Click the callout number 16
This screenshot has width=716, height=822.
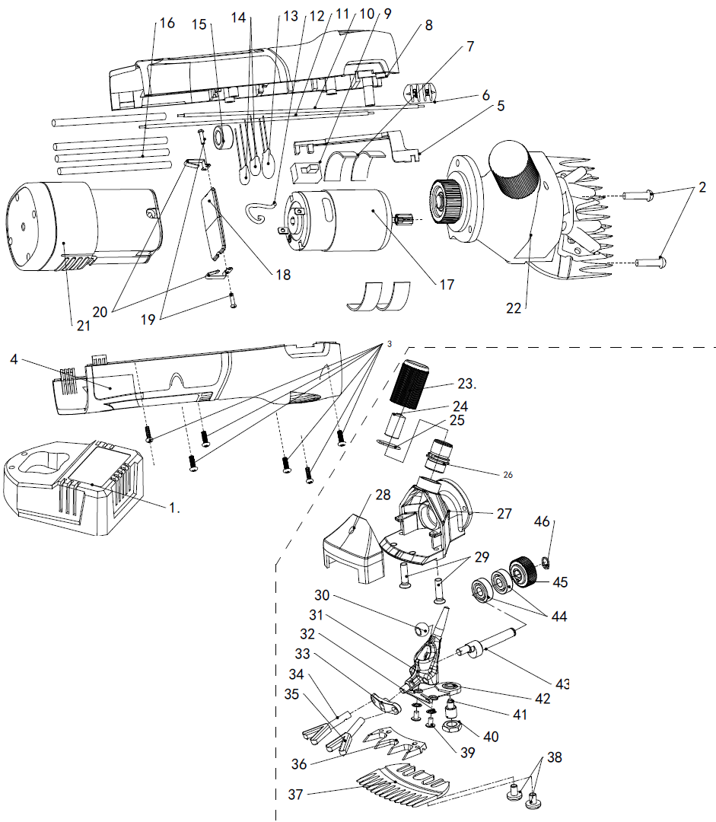pos(167,23)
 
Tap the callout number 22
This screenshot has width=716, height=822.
pos(514,307)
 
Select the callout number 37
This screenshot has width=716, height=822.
pos(296,795)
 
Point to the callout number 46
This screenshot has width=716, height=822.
pos(542,521)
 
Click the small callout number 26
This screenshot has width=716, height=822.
pos(508,475)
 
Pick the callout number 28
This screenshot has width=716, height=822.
pos(383,495)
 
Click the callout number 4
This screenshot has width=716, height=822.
pos(14,359)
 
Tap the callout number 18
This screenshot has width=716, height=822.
pos(283,274)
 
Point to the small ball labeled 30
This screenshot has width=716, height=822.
pos(421,627)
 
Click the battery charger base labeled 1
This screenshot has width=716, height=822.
pos(73,488)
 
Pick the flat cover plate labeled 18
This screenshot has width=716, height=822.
pos(215,223)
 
